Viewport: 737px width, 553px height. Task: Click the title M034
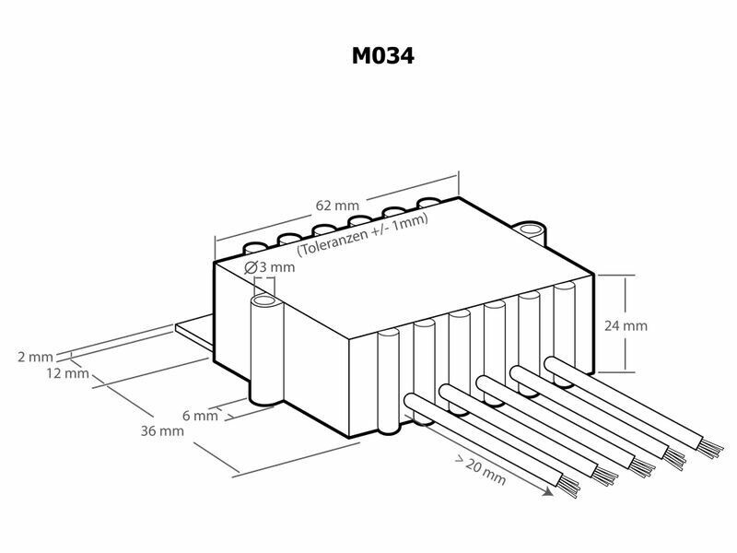pos(382,55)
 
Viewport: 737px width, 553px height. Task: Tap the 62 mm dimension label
pos(337,206)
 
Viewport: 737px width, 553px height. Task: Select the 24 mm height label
pos(626,325)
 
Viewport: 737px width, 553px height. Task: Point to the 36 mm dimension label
pos(162,430)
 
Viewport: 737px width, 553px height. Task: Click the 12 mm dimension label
pos(67,373)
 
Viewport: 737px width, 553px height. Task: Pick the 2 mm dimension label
pos(35,357)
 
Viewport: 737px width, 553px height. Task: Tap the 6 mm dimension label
pos(200,416)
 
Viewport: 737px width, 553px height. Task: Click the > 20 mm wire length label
pos(480,470)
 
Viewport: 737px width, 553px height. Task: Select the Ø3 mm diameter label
pos(269,267)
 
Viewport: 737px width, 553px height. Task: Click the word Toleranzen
pos(333,241)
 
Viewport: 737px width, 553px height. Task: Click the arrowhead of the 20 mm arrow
pos(548,491)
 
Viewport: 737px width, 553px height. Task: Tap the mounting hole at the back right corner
pos(531,229)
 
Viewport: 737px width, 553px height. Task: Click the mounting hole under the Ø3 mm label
pos(263,301)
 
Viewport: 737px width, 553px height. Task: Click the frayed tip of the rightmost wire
pos(709,448)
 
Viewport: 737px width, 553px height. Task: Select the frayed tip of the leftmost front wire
pos(568,487)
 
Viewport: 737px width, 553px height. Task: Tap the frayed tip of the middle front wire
pos(640,467)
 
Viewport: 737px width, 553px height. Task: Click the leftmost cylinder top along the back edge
pos(255,247)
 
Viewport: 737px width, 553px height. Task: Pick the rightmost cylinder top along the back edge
pos(428,202)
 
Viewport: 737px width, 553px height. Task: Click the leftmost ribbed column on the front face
pos(389,381)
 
